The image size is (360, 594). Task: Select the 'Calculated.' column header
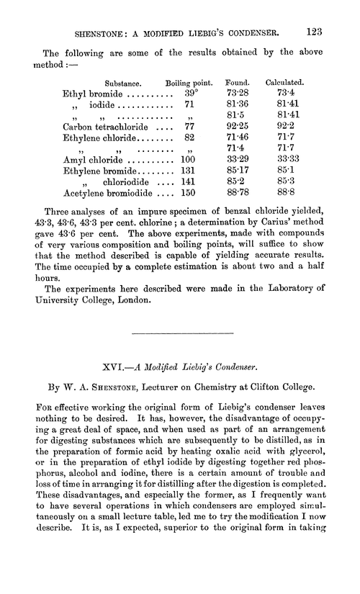point(284,82)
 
